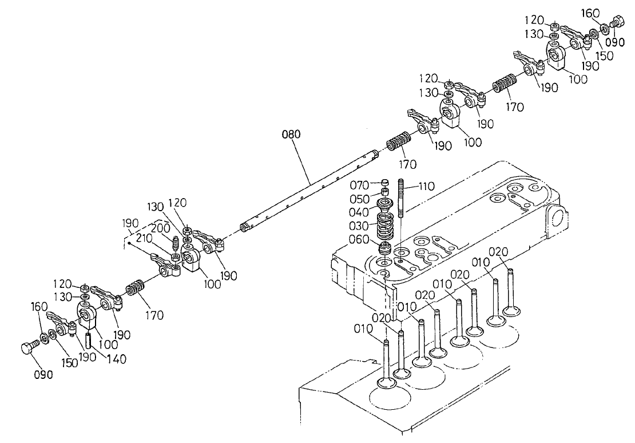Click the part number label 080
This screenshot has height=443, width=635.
pyautogui.click(x=291, y=135)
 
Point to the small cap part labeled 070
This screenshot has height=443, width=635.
pyautogui.click(x=385, y=183)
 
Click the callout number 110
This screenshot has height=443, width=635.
pyautogui.click(x=426, y=186)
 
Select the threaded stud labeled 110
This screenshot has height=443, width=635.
pyautogui.click(x=402, y=197)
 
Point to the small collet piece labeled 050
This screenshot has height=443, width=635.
pyautogui.click(x=386, y=192)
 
